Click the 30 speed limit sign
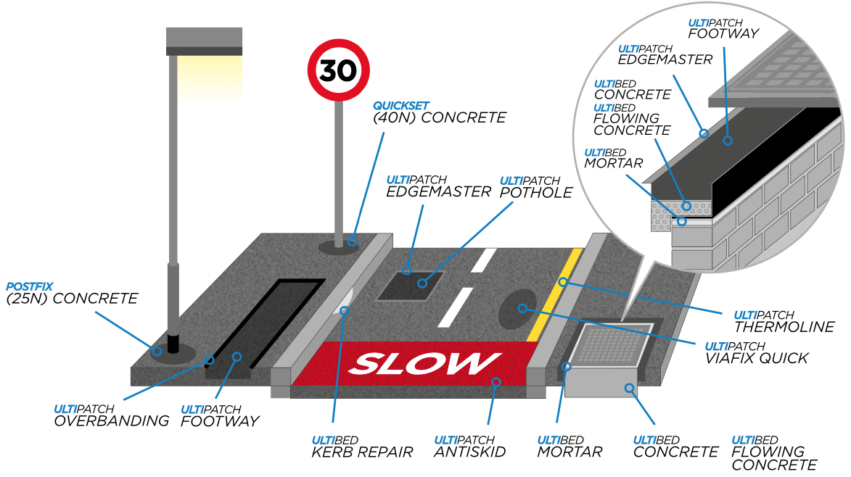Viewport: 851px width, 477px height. pos(338,70)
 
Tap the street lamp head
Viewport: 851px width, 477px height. pos(204,42)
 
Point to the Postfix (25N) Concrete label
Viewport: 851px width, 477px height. pos(71,292)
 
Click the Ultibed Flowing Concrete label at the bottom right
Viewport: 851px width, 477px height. pos(773,452)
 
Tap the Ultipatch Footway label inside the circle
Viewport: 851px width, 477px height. pos(723,28)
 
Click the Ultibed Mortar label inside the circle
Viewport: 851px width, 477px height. pos(614,157)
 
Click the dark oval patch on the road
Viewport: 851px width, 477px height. pos(520,307)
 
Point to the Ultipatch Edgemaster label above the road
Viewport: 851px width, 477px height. pos(438,186)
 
